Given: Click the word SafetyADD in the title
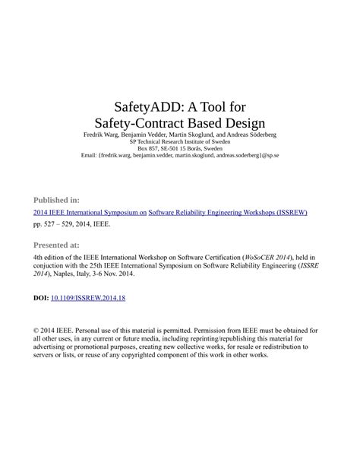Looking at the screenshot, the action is tap(139, 106).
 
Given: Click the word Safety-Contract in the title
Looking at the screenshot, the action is tap(145, 122).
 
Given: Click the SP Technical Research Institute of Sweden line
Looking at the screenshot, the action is tap(179, 141).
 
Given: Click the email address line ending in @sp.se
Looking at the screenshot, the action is tap(179, 155).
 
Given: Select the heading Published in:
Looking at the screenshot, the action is tap(57, 199).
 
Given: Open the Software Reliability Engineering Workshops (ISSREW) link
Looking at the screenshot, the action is tap(228, 213).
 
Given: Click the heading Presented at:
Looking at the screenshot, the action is tap(56, 246).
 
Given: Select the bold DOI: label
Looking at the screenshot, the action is tap(41, 298).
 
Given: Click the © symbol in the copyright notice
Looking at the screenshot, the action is tap(36, 331).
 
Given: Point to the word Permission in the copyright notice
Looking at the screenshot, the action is tap(217, 331).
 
